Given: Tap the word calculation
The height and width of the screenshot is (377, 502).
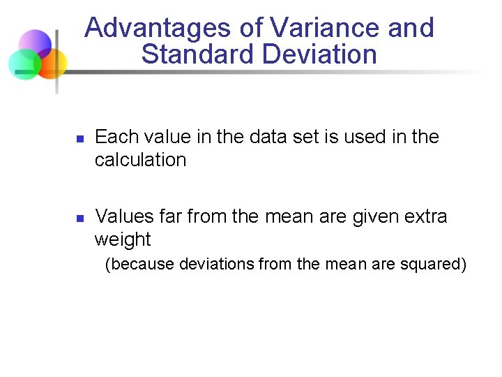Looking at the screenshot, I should (140, 160).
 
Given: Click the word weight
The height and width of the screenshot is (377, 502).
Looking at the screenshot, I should (123, 239).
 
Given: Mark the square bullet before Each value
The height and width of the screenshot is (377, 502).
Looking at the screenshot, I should (79, 139).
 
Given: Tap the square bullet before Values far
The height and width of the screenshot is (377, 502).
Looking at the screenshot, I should (79, 219).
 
